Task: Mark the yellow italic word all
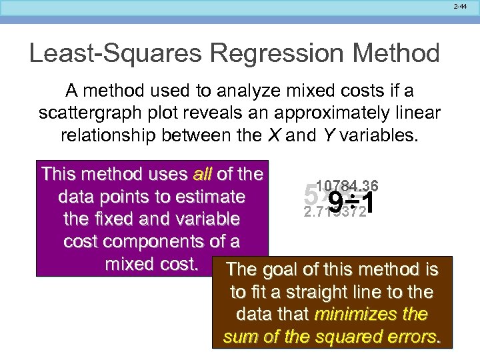point(202,175)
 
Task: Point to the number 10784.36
point(347,186)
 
